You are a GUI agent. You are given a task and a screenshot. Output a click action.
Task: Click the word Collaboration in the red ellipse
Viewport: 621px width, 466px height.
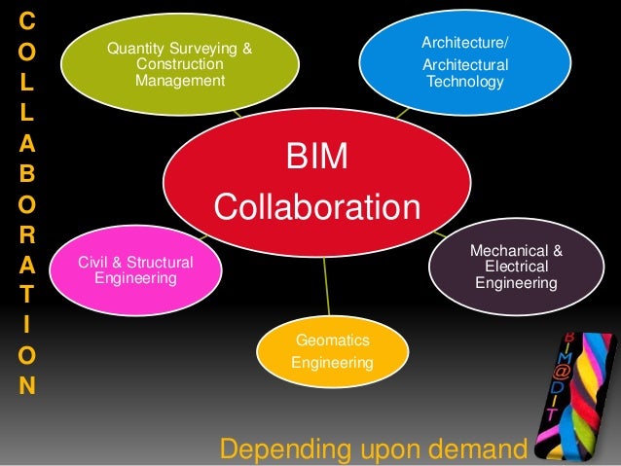(316, 207)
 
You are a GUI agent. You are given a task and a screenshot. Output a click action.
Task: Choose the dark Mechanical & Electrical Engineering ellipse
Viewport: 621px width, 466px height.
(516, 268)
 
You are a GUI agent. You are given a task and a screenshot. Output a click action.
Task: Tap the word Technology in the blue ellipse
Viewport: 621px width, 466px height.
(465, 83)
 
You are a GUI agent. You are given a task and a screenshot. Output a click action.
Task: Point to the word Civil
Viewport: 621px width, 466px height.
(95, 261)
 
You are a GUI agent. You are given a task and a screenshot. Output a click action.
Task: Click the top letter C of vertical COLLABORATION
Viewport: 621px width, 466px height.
(26, 20)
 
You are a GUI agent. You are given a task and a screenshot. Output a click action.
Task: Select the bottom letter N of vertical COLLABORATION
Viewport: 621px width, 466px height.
(26, 384)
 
